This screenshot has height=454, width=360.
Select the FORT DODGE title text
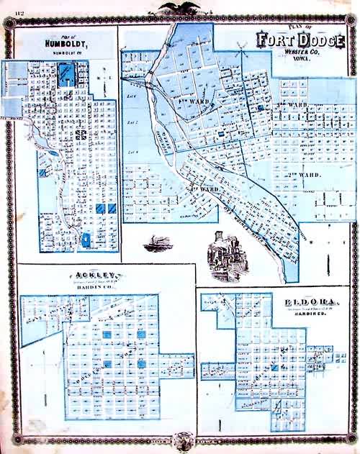pyautogui.click(x=299, y=42)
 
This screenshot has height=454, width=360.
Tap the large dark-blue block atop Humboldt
pyautogui.click(x=67, y=71)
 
